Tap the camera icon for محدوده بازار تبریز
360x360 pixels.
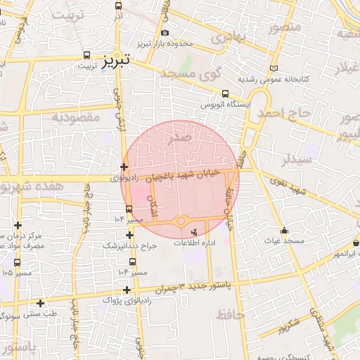pyautogui.click(x=165, y=33)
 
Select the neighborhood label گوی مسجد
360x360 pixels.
pyautogui.click(x=191, y=74)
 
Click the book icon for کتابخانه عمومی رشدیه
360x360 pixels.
pyautogui.click(x=274, y=67)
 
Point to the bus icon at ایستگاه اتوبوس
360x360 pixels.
pyautogui.click(x=225, y=94)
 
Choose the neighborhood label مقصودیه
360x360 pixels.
pyautogui.click(x=77, y=117)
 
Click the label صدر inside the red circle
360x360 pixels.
pyautogui.click(x=179, y=139)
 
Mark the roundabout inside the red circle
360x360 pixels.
pyautogui.click(x=181, y=221)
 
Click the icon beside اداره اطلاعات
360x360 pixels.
pyautogui.click(x=195, y=231)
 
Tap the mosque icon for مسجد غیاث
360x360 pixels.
pyautogui.click(x=284, y=231)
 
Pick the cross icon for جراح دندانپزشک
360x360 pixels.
pyautogui.click(x=129, y=236)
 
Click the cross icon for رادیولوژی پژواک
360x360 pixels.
pyautogui.click(x=127, y=290)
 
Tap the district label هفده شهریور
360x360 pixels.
pyautogui.click(x=32, y=188)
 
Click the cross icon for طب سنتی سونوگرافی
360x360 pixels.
pyautogui.click(x=41, y=304)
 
